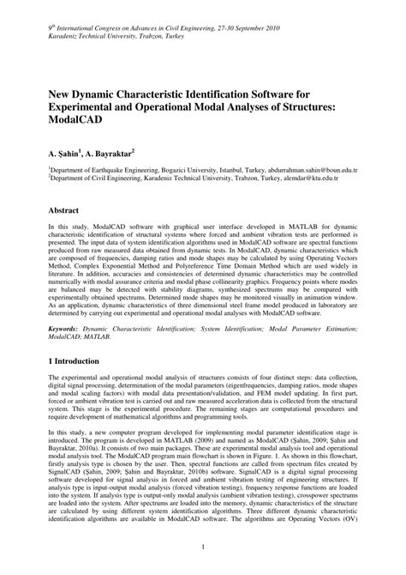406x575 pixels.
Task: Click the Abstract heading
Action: coord(69,210)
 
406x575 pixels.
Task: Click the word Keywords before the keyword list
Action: coord(67,327)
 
